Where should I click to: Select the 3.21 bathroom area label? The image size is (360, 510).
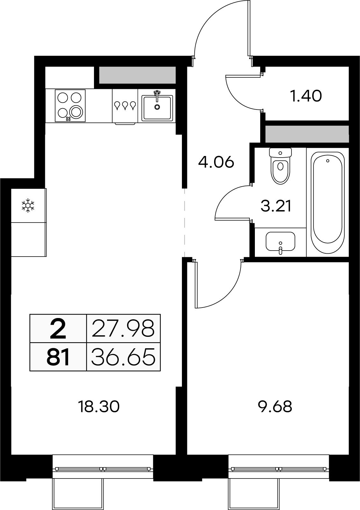pyautogui.click(x=276, y=206)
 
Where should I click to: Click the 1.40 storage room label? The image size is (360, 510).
pyautogui.click(x=306, y=96)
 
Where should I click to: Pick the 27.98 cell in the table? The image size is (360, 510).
pyautogui.click(x=123, y=329)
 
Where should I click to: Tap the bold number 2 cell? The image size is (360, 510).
pyautogui.click(x=58, y=329)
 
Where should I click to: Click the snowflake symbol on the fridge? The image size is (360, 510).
pyautogui.click(x=28, y=206)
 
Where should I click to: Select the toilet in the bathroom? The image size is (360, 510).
pyautogui.click(x=280, y=166)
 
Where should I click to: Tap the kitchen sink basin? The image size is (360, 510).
pyautogui.click(x=157, y=108)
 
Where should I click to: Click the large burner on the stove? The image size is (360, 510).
pyautogui.click(x=76, y=112)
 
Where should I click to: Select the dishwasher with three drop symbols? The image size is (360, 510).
pyautogui.click(x=125, y=106)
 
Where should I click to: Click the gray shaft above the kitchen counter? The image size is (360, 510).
pyautogui.click(x=137, y=75)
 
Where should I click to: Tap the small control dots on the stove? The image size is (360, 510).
pyautogui.click(x=68, y=119)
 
